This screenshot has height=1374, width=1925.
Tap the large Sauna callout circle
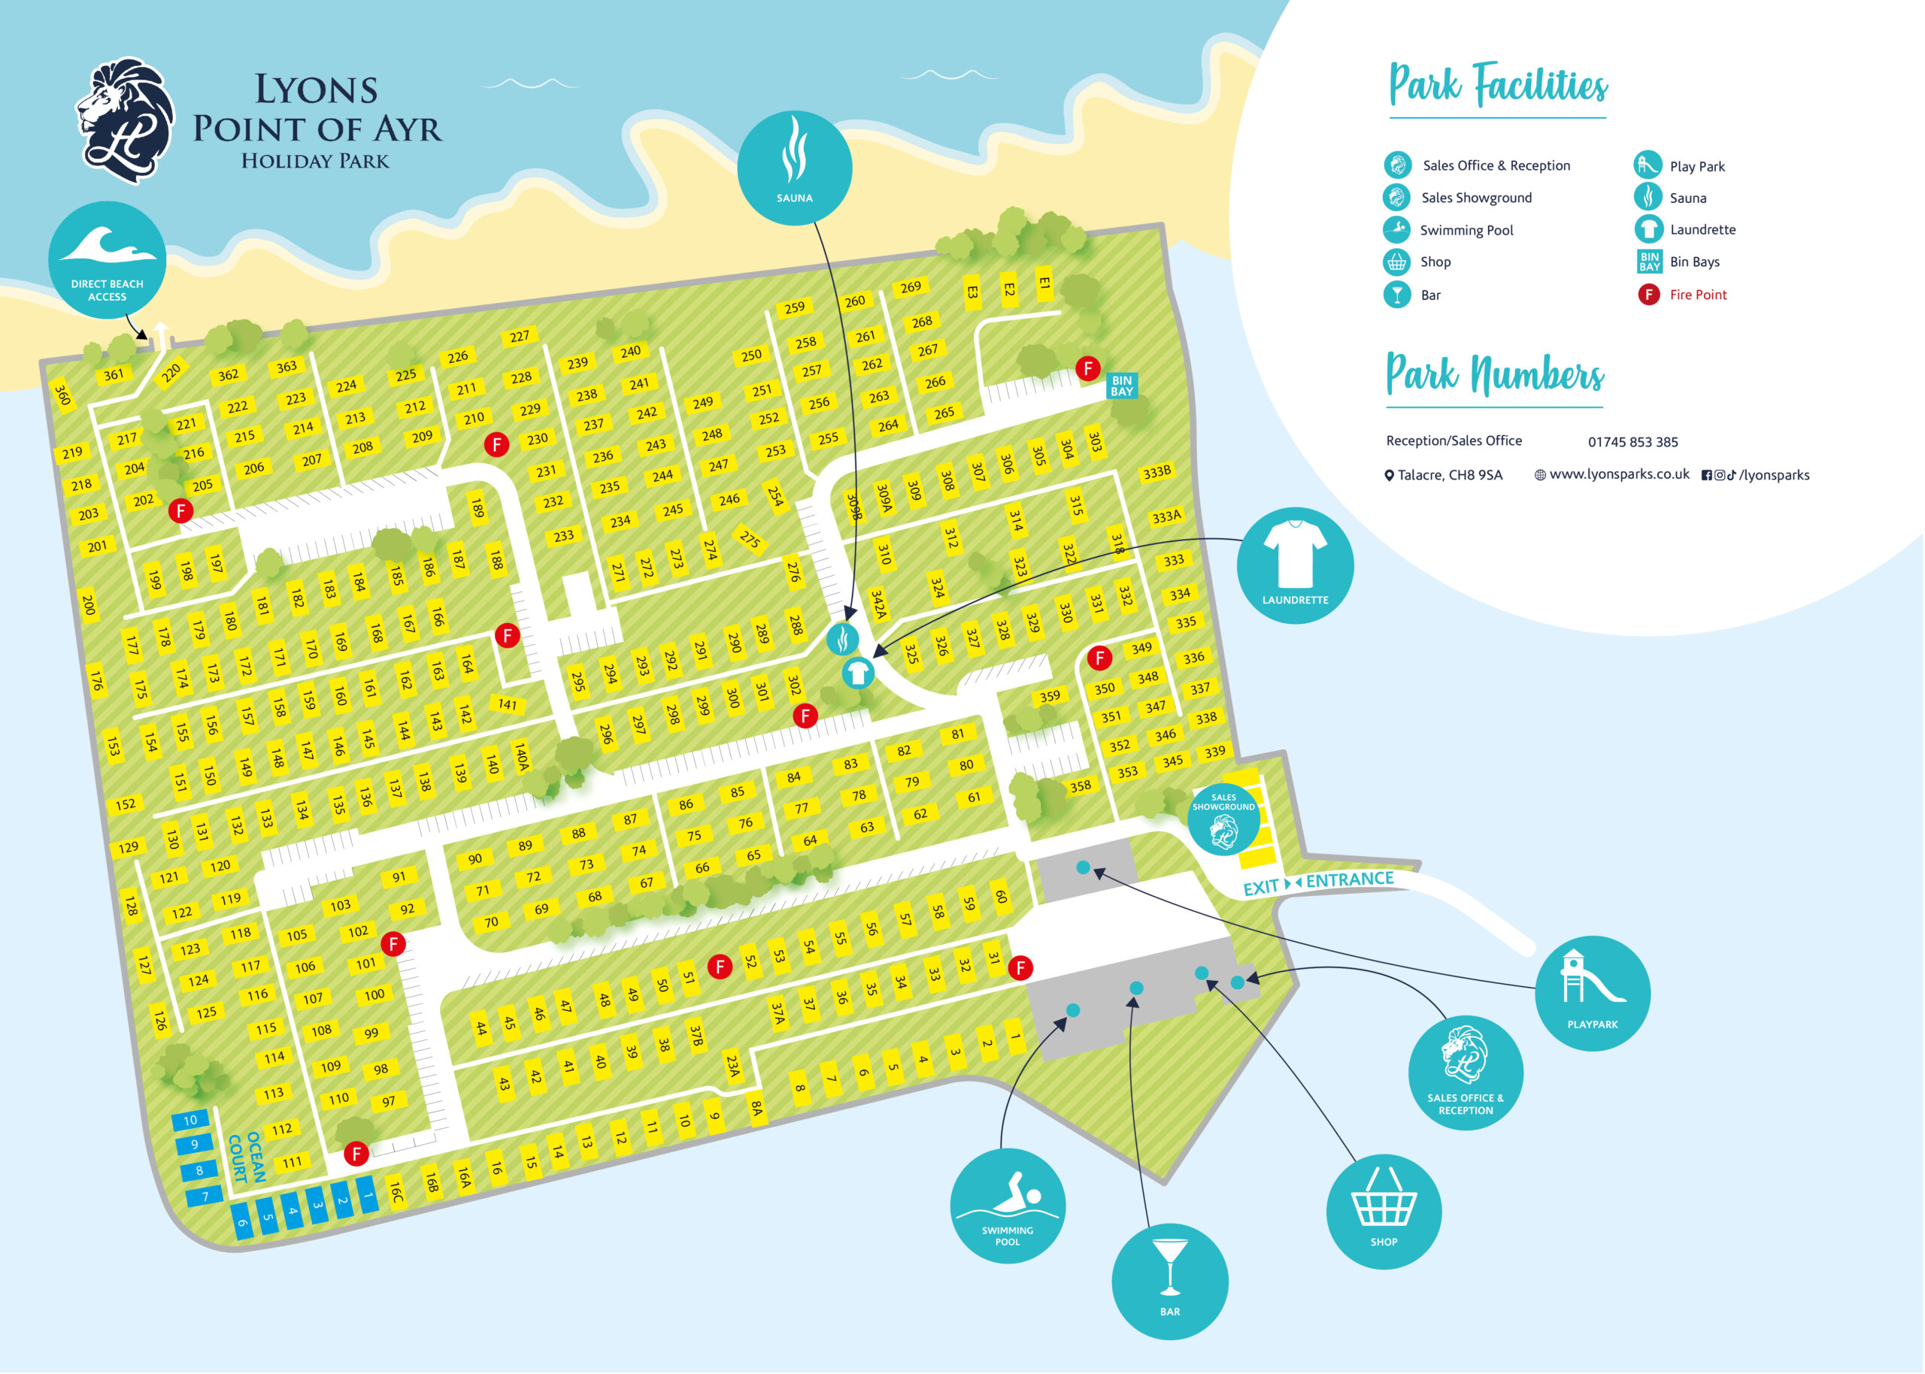pos(794,168)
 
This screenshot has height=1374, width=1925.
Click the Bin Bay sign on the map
pos(1121,386)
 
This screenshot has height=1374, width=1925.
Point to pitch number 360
pos(62,395)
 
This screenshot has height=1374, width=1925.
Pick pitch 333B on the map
pos(1156,472)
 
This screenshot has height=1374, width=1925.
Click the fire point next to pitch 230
pos(496,444)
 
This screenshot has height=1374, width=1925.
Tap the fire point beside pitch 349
pos(1099,658)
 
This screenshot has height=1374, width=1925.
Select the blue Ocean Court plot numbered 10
pos(189,1120)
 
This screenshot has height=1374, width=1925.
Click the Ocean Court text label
pos(246,1158)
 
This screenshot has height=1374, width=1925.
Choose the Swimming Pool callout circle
pos(1007,1206)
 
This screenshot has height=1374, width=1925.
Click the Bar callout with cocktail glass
pos(1169,1281)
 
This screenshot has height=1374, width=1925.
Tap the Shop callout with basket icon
pos(1384,1211)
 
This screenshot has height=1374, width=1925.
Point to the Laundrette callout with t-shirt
pos(1295,565)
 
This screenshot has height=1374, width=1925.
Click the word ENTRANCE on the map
pos(1349,880)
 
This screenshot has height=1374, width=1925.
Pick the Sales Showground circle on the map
pos(1223,819)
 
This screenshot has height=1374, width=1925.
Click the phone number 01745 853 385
pos(1632,442)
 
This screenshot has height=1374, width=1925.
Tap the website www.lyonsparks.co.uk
pos(1618,474)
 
